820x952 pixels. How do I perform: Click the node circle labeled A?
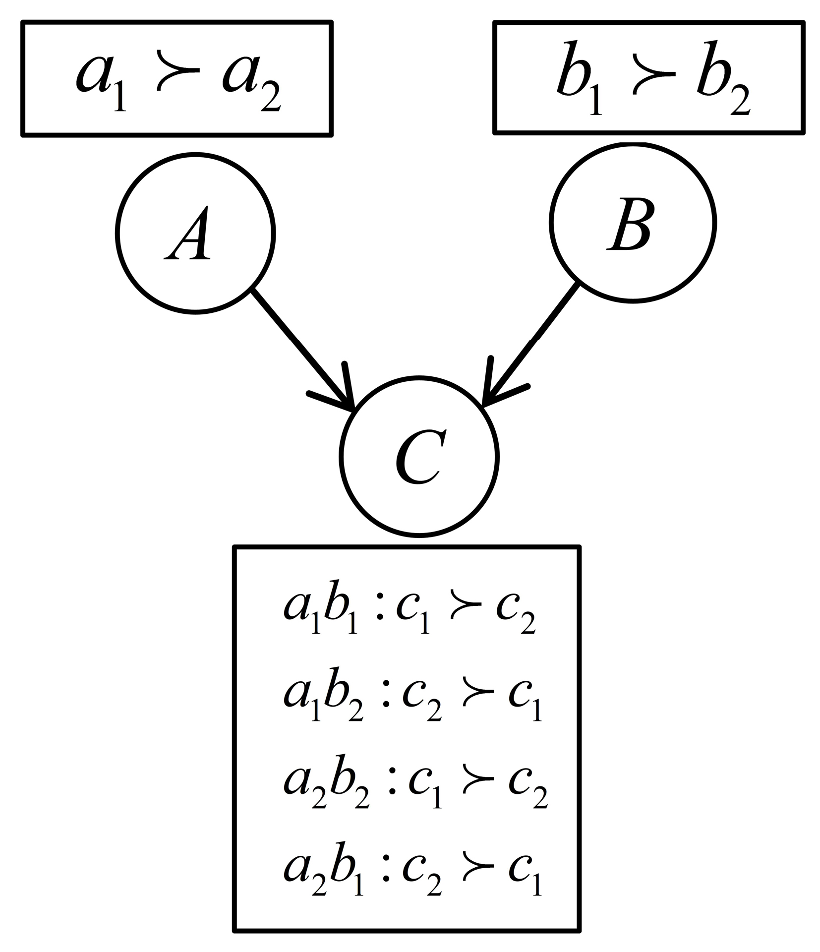(x=195, y=233)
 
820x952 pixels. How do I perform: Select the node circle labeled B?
(x=632, y=222)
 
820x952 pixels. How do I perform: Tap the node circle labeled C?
(x=419, y=457)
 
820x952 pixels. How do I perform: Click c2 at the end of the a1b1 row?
(x=516, y=617)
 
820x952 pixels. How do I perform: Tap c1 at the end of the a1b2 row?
(x=525, y=703)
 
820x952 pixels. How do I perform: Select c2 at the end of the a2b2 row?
(x=528, y=791)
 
